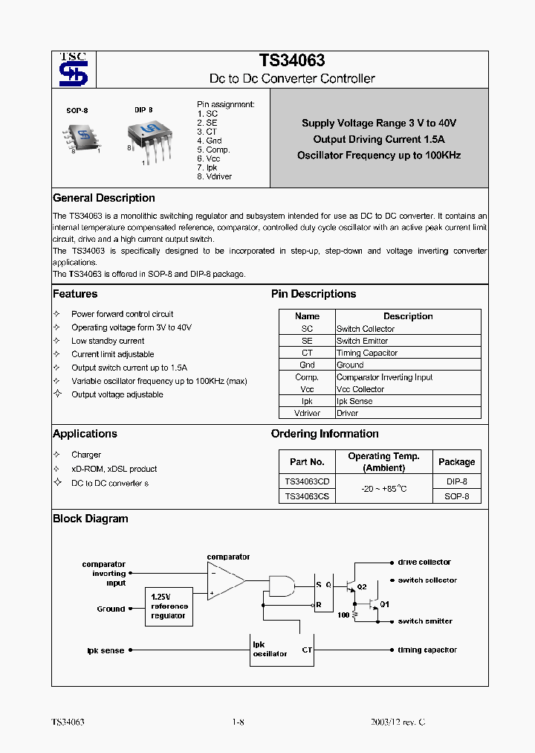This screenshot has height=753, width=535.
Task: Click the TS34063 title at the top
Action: click(291, 61)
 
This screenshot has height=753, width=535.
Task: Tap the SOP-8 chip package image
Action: click(82, 135)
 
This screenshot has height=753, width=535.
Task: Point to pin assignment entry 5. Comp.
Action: click(213, 150)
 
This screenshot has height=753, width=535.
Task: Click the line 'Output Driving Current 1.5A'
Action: click(379, 139)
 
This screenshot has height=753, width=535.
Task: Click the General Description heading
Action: click(104, 198)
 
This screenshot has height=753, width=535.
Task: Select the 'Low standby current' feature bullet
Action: click(108, 341)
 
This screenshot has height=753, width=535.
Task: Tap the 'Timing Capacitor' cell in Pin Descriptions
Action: click(367, 353)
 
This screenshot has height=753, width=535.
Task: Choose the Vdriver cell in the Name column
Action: click(307, 413)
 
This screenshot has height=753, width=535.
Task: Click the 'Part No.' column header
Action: click(307, 461)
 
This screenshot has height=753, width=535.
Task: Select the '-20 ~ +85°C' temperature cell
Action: click(383, 489)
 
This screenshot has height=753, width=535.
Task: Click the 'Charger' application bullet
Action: click(86, 455)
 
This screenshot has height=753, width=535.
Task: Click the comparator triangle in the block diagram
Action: click(225, 579)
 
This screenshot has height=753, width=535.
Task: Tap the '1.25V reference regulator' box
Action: click(169, 606)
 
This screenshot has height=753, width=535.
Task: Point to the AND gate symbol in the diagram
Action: click(281, 586)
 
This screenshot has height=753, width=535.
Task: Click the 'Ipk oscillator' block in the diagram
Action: click(270, 649)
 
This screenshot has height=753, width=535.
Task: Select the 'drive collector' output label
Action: click(424, 563)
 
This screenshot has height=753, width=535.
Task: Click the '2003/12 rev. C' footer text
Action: click(398, 722)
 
